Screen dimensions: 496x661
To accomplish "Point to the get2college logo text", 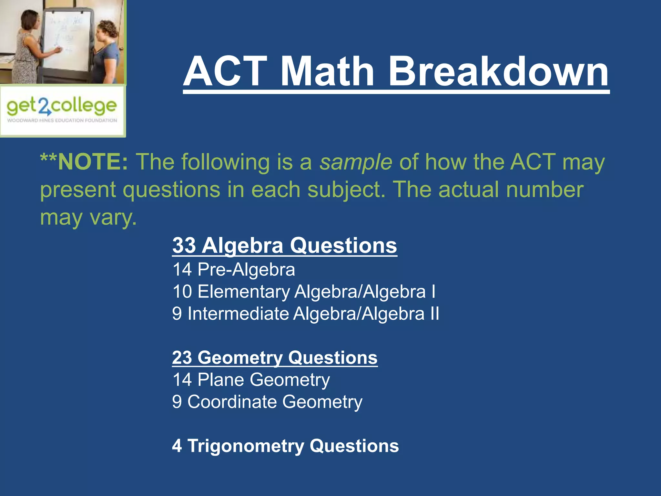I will point(61,107).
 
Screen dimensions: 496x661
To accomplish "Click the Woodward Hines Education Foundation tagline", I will point(62,120).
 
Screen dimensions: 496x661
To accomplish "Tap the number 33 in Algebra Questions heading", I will point(184,245).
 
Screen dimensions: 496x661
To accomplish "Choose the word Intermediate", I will point(238,314).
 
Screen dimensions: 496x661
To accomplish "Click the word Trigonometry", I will point(246,446).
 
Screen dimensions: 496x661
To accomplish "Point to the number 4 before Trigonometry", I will point(177,446).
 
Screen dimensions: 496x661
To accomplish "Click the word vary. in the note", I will point(113,217).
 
